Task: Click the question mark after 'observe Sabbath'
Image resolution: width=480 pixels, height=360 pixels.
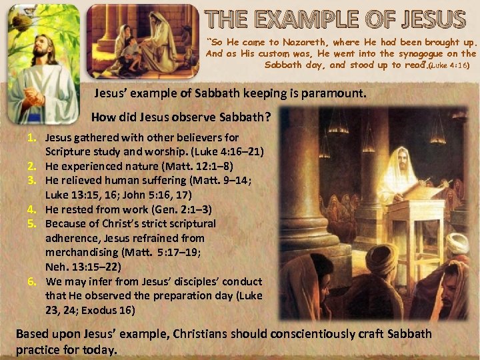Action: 267,117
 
